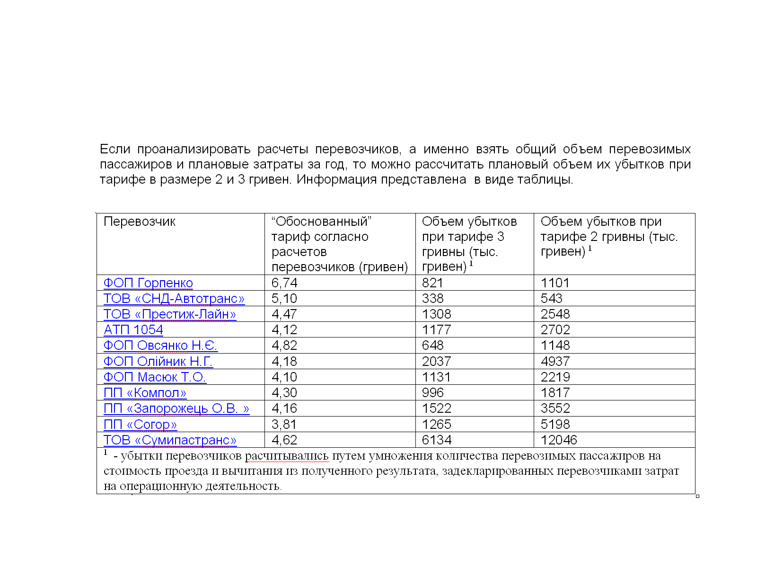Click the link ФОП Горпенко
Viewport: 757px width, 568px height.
click(x=148, y=283)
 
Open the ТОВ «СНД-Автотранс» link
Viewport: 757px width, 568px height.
click(x=174, y=299)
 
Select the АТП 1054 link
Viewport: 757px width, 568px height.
click(x=133, y=330)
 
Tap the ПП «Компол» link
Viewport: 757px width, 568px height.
click(x=145, y=393)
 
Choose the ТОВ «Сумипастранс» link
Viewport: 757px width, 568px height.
click(x=170, y=440)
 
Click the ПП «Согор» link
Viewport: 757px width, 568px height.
click(x=140, y=425)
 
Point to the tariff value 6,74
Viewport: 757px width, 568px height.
click(x=284, y=283)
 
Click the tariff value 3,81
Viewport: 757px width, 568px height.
click(x=284, y=425)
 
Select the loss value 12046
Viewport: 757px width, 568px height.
click(x=559, y=440)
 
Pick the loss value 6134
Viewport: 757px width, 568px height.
click(x=437, y=440)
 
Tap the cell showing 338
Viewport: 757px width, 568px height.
click(x=433, y=299)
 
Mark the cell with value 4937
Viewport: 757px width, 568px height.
click(x=555, y=362)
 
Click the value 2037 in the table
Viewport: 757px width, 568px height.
click(x=437, y=362)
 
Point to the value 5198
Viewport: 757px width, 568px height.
click(x=555, y=425)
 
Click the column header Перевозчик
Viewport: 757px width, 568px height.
click(x=140, y=222)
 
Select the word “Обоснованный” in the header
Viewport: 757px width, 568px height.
click(x=321, y=222)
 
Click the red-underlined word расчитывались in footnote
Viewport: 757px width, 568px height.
click(x=287, y=456)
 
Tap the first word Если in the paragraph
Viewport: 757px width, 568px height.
click(x=115, y=149)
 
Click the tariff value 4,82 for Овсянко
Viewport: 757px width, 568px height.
click(x=284, y=346)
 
